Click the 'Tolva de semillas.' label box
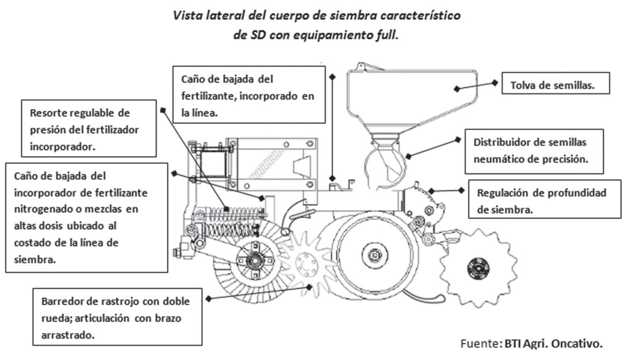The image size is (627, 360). coord(556,86)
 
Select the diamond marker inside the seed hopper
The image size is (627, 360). coord(457,88)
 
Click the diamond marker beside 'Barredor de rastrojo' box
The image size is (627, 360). coord(208,298)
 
